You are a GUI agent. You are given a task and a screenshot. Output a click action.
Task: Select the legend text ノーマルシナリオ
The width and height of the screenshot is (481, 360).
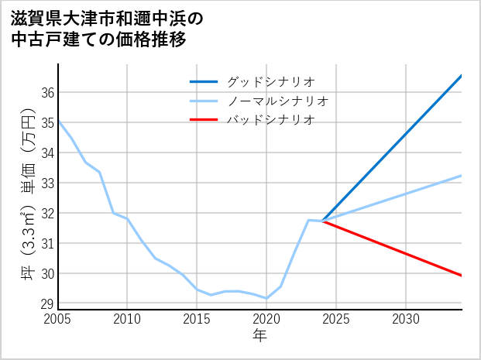click(277, 101)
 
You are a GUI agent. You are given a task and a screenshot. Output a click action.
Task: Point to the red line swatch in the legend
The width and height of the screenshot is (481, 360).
click(204, 120)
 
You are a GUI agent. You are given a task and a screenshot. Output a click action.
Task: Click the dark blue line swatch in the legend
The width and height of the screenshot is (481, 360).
click(204, 81)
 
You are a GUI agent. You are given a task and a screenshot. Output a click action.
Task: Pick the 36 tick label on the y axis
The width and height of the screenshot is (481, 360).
click(46, 93)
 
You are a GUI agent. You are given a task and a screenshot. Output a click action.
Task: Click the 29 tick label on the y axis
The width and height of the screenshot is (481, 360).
click(46, 304)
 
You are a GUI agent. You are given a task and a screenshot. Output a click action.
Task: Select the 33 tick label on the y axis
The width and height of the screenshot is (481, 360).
click(46, 183)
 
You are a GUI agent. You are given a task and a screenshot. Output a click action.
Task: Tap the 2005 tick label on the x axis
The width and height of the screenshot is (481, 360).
click(58, 319)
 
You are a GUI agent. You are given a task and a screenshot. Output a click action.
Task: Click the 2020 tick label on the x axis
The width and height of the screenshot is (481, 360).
click(266, 319)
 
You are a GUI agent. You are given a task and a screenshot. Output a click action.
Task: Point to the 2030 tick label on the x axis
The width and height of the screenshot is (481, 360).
click(406, 319)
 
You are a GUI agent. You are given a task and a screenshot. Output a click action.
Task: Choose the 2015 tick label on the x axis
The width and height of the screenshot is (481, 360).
click(197, 319)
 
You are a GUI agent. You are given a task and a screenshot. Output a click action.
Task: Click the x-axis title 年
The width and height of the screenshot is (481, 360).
click(259, 336)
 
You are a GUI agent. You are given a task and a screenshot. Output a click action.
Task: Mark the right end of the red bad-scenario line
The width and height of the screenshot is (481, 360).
click(461, 275)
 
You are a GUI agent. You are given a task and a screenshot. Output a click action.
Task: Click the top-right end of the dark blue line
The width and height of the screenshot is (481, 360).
click(461, 76)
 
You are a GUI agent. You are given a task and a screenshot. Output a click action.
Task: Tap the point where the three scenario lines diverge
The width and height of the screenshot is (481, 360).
click(322, 221)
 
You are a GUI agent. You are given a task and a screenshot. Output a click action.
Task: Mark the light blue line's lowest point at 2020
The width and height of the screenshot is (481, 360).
click(266, 298)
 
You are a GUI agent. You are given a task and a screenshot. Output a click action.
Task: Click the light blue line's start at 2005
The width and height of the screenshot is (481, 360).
click(59, 122)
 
